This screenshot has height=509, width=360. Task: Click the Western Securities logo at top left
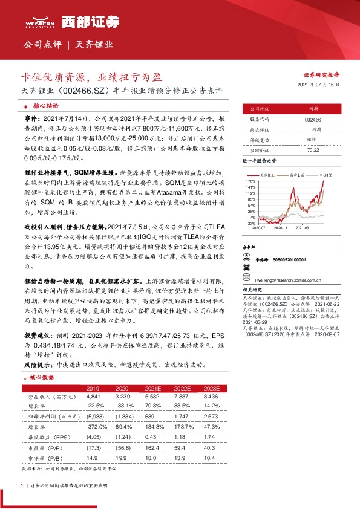point(41,22)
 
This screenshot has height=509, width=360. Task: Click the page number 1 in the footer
point(22,485)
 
